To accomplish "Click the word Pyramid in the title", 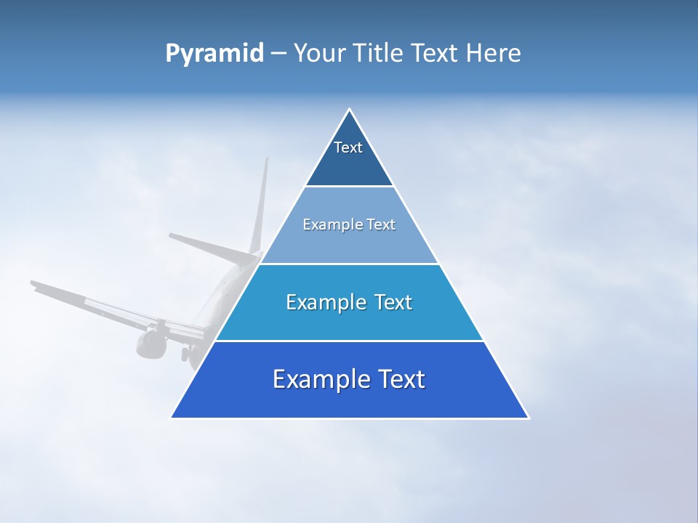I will pyautogui.click(x=214, y=54).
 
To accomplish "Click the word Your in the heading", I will pyautogui.click(x=318, y=54).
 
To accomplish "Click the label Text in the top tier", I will pyautogui.click(x=348, y=147).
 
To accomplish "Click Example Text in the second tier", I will pyautogui.click(x=349, y=224).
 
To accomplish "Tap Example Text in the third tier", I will pyautogui.click(x=349, y=302).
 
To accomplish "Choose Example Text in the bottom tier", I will pyautogui.click(x=349, y=379).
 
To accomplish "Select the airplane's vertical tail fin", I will pyautogui.click(x=260, y=207).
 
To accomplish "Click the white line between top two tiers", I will pyautogui.click(x=350, y=187).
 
